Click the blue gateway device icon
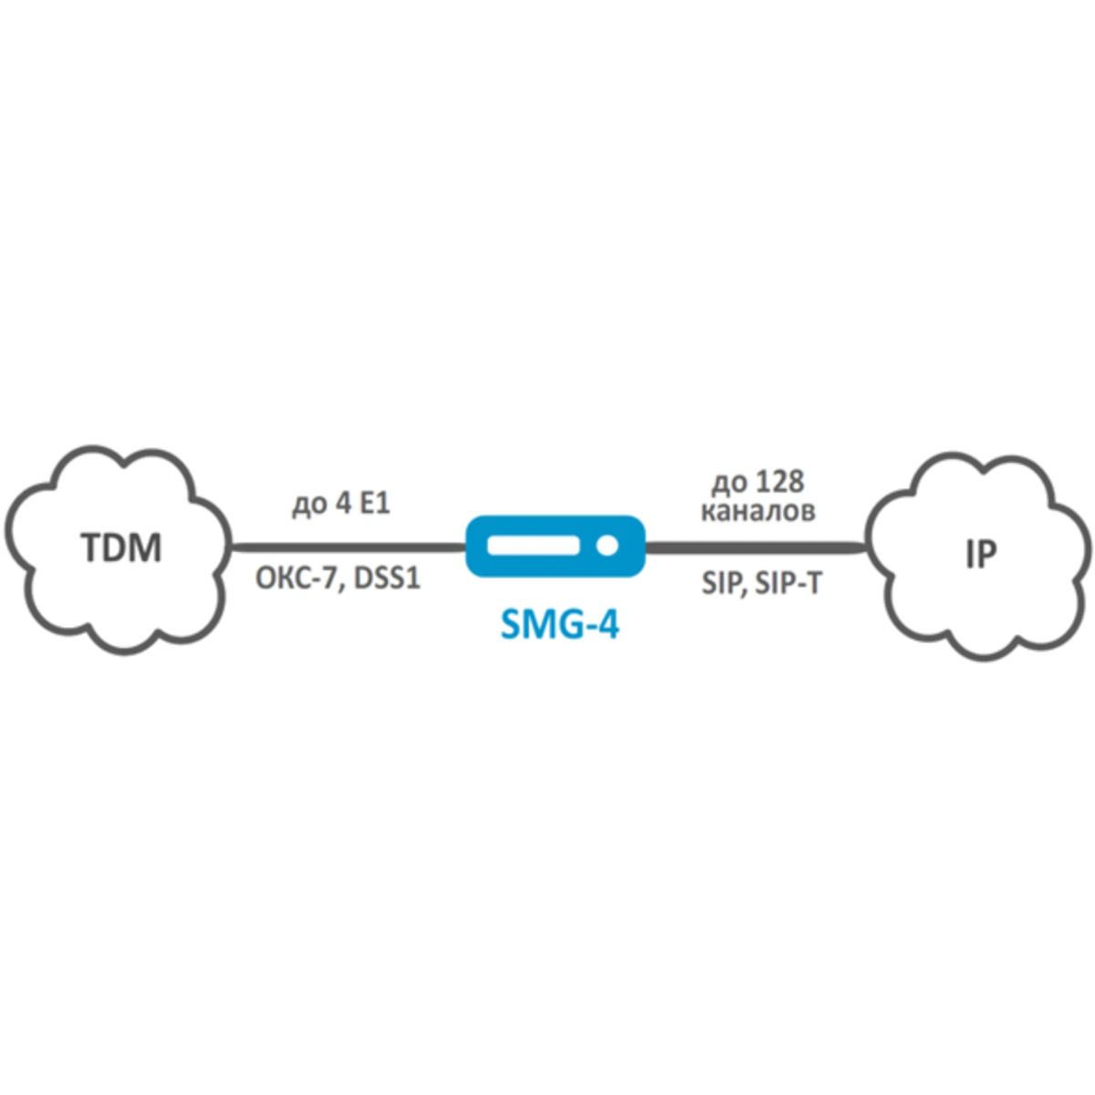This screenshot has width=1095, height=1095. (555, 547)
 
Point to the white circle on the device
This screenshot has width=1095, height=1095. (606, 547)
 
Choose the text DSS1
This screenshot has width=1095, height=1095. (385, 579)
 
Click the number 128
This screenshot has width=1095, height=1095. (777, 482)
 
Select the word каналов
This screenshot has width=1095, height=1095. (758, 513)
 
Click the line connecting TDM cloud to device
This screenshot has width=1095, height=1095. (347, 547)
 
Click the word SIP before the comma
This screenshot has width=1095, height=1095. (717, 584)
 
